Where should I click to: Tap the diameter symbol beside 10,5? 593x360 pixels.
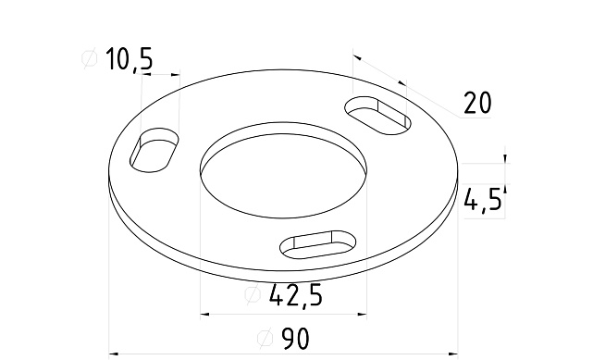tap(90, 60)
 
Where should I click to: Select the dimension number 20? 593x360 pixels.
tap(476, 103)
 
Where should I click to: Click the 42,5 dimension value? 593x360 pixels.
tap(295, 296)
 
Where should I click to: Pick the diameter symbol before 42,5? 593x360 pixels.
tap(252, 296)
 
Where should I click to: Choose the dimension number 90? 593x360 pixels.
tap(294, 340)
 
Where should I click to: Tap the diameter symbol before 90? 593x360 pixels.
tap(263, 340)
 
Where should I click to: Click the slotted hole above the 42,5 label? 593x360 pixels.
tap(318, 243)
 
